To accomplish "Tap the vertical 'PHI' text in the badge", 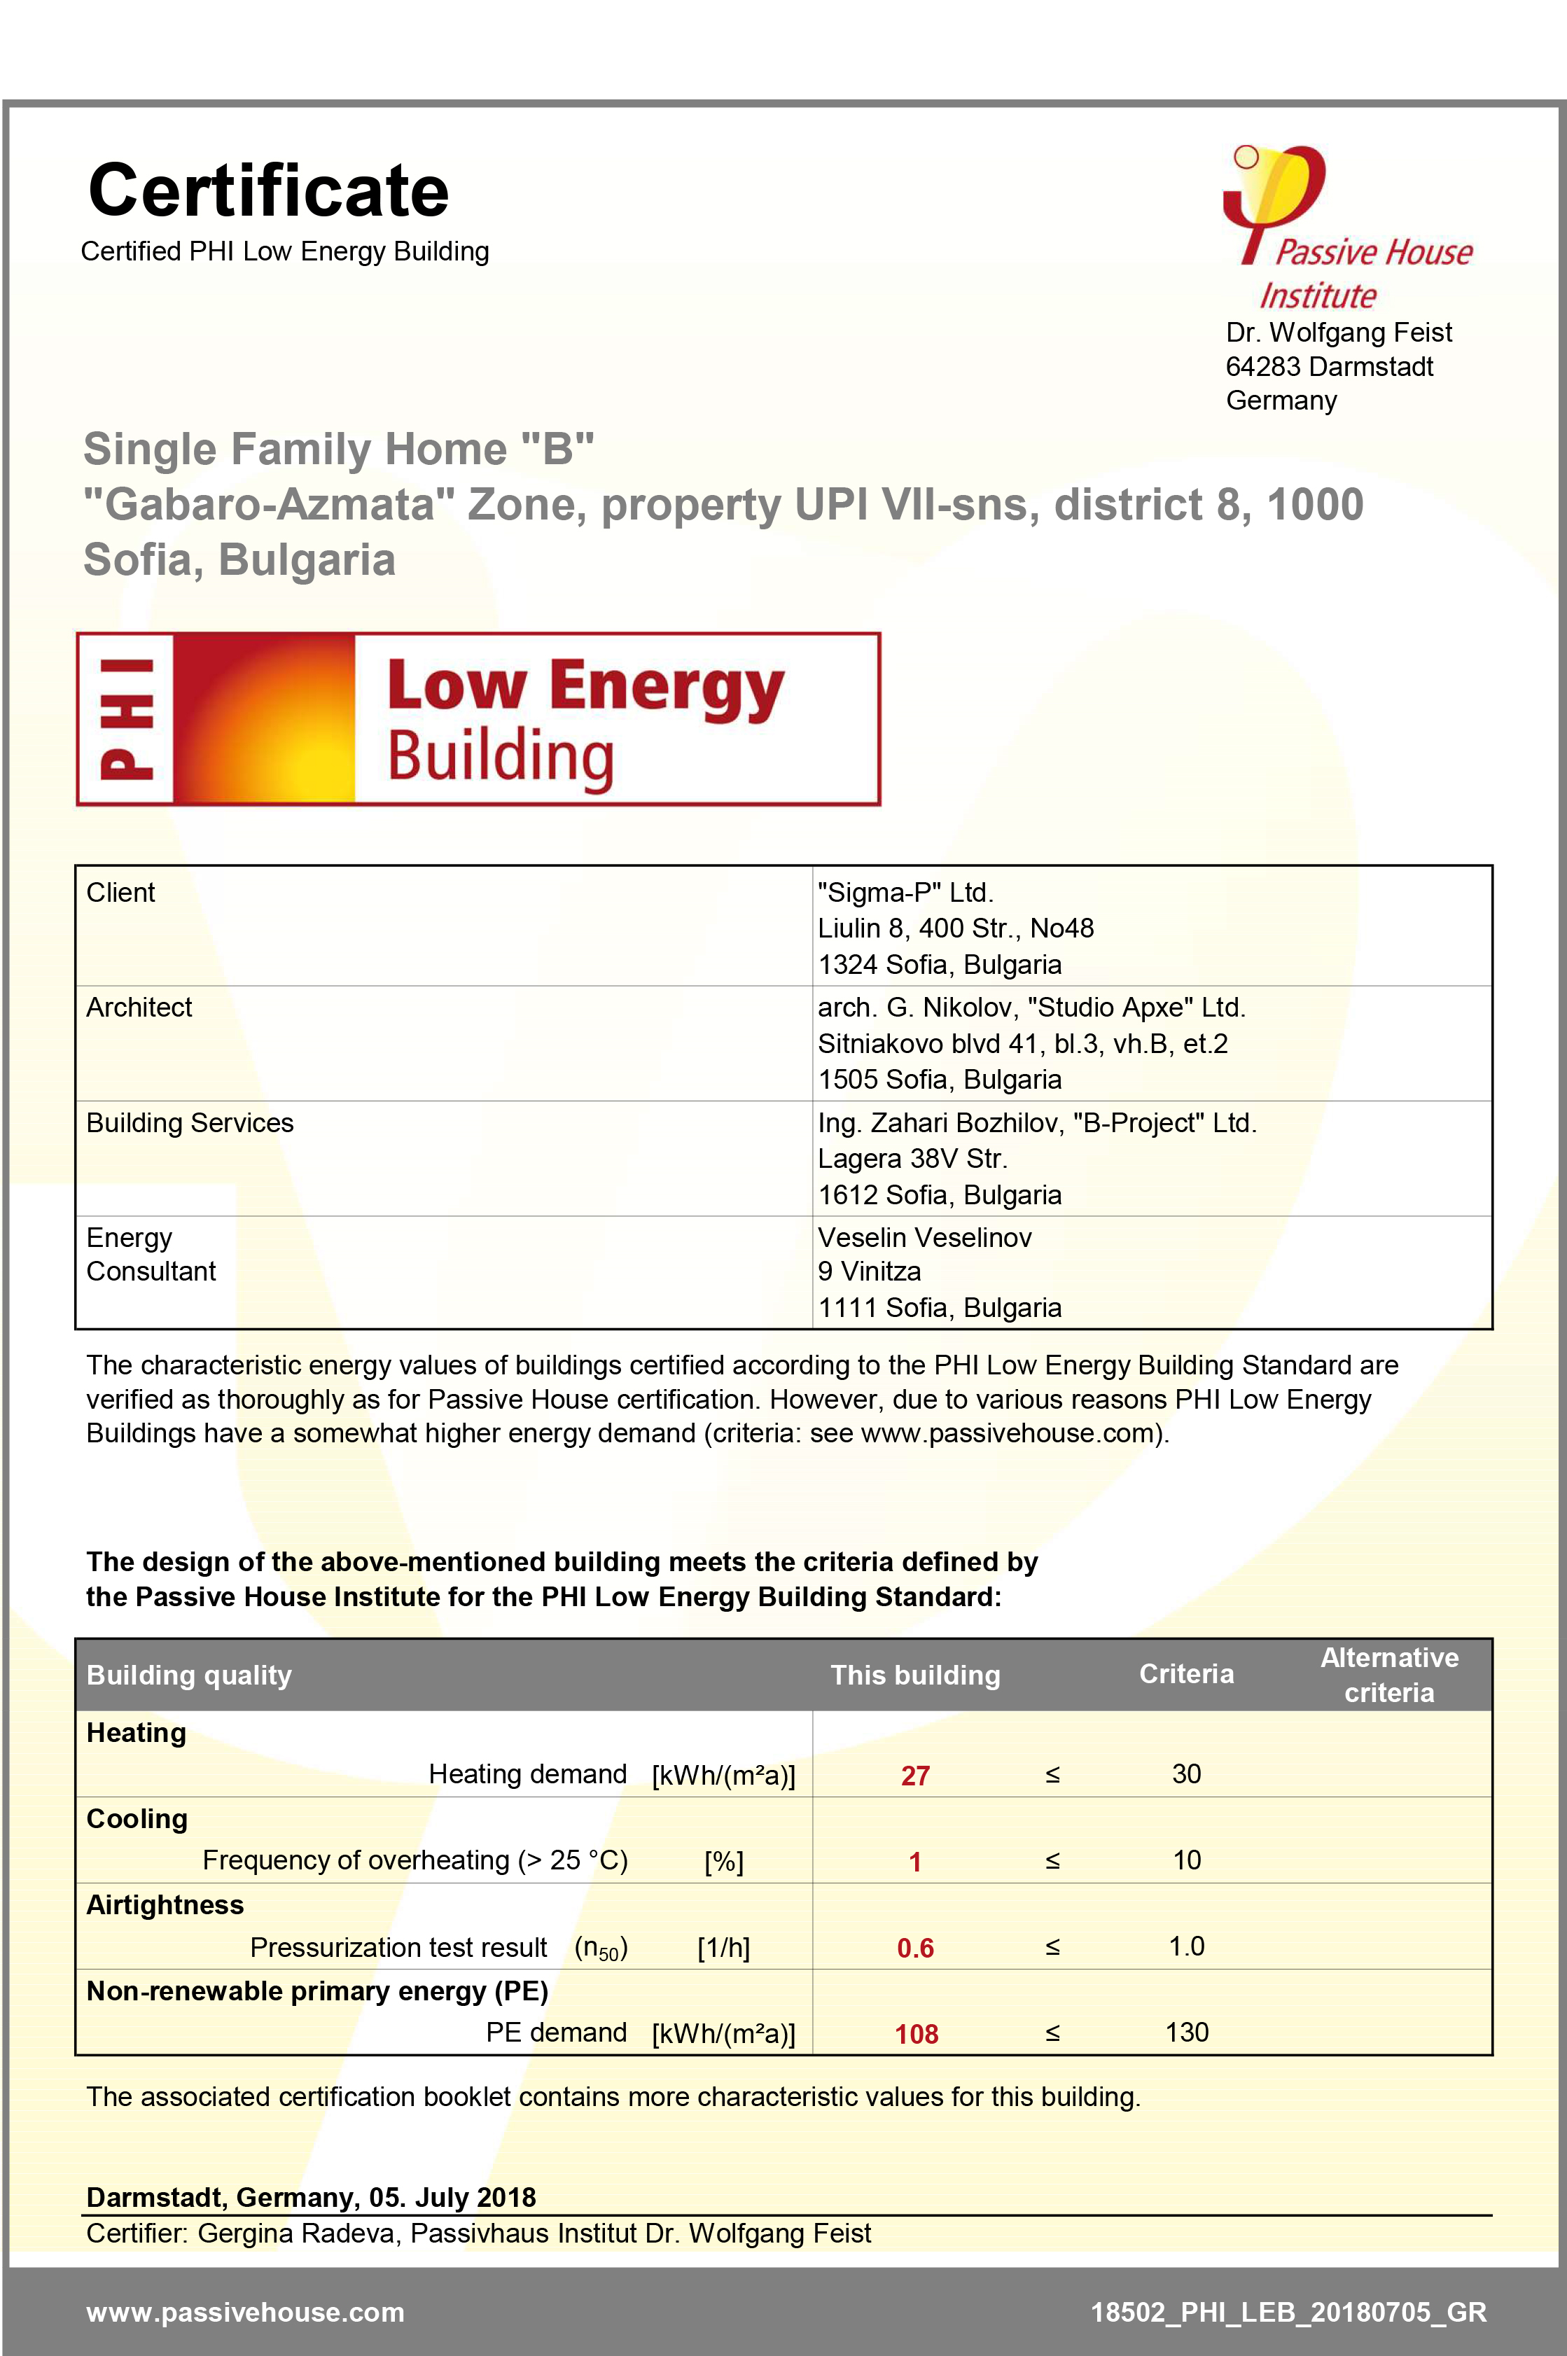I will (x=127, y=718).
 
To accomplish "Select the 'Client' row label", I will (x=121, y=892).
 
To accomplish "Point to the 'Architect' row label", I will (x=139, y=1007).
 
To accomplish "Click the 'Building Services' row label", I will (x=190, y=1122).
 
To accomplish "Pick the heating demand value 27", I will (x=915, y=1776).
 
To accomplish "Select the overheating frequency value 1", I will (x=914, y=1862).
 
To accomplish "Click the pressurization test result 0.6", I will (x=915, y=1947).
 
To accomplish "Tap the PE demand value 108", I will (x=917, y=2033).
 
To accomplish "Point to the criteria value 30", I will (x=1186, y=1773).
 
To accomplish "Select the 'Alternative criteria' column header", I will (x=1389, y=1675).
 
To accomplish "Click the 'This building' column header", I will (x=915, y=1675).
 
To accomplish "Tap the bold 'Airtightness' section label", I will (x=165, y=1904).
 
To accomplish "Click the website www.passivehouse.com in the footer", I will (x=246, y=2312).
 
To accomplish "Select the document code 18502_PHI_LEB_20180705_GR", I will (x=1288, y=2312).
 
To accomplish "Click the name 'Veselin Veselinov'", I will (x=924, y=1237).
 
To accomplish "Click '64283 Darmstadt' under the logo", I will (x=1329, y=367).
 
